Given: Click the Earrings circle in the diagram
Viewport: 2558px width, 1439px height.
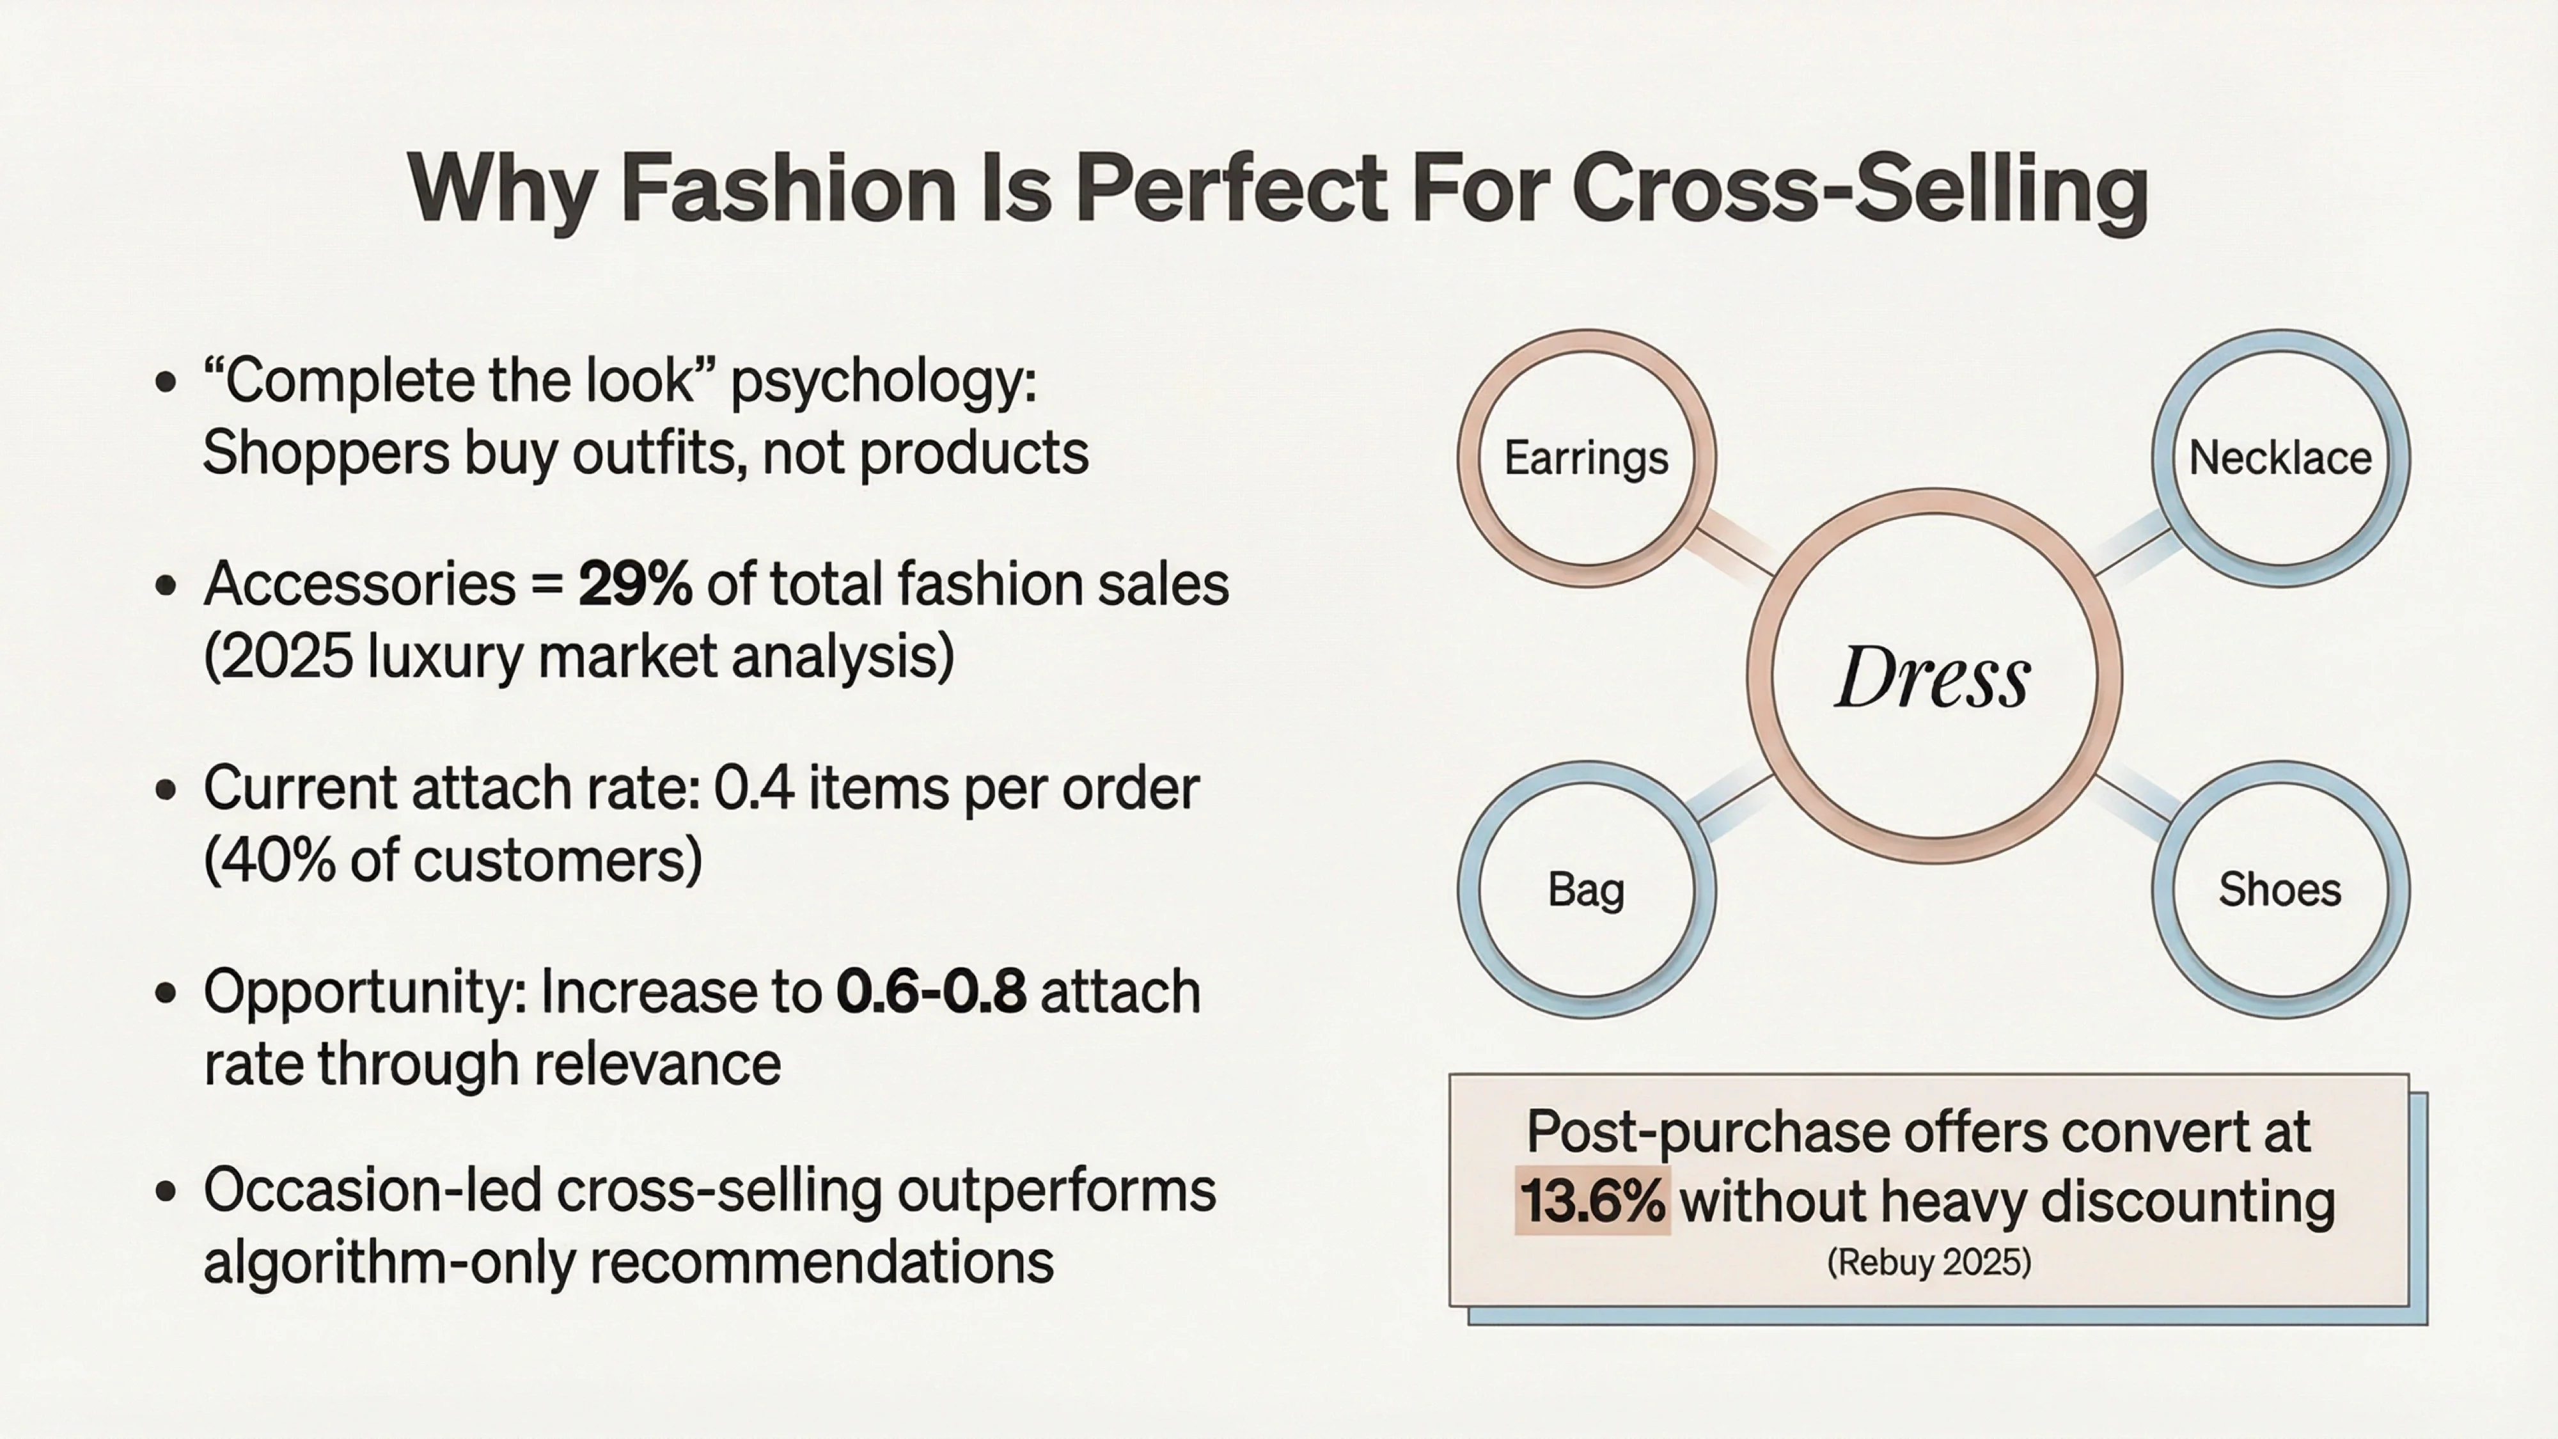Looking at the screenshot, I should (x=1586, y=459).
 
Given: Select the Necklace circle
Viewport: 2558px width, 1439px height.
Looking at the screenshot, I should (x=2280, y=459).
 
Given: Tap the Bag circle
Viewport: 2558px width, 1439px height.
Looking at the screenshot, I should (x=1586, y=890).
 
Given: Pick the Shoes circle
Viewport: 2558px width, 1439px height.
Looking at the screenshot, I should (x=2280, y=890).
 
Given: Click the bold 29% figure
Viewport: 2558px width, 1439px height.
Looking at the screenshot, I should (x=634, y=584).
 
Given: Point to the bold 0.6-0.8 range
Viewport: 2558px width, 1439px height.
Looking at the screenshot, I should (x=930, y=992).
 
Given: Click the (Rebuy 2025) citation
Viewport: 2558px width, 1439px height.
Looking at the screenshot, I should (x=1929, y=1263).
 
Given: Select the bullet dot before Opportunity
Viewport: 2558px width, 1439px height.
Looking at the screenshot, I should (x=166, y=992).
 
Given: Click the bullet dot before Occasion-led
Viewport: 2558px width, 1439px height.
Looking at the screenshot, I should (x=166, y=1191).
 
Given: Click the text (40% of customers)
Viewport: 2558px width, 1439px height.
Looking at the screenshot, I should (x=453, y=860).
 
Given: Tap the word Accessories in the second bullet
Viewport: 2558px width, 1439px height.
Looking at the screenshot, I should (x=359, y=584).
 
